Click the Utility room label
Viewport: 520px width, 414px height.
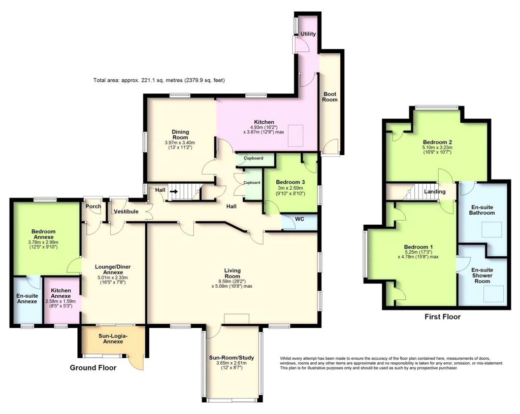(x=308, y=34)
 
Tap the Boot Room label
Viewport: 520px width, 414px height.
(x=330, y=96)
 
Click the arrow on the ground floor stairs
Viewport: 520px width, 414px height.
(x=174, y=191)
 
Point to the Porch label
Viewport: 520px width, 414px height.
(x=93, y=206)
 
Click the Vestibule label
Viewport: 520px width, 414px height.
(x=125, y=211)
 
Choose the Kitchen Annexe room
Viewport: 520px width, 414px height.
(x=61, y=299)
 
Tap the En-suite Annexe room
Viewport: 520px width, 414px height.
(x=27, y=299)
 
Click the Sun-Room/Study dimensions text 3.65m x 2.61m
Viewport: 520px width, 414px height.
(x=232, y=364)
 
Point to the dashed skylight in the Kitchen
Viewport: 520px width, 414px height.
(x=295, y=135)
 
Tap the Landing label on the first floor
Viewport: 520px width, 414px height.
(x=435, y=192)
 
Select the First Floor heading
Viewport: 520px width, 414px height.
(x=442, y=317)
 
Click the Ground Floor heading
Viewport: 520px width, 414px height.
(x=93, y=368)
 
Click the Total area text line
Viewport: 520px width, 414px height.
(x=159, y=80)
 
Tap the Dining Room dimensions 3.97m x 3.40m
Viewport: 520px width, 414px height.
(x=180, y=143)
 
